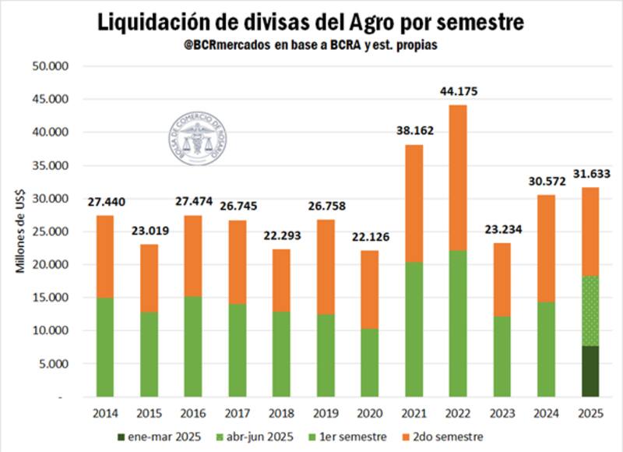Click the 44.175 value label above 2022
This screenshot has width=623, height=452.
pos(459,91)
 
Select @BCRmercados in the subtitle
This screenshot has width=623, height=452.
pos(225,46)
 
